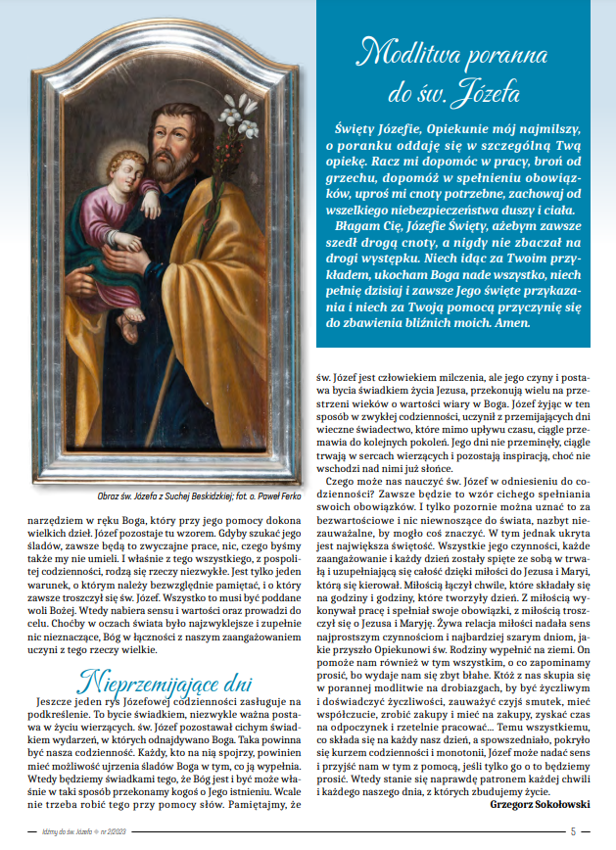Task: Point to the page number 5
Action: click(x=574, y=831)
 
